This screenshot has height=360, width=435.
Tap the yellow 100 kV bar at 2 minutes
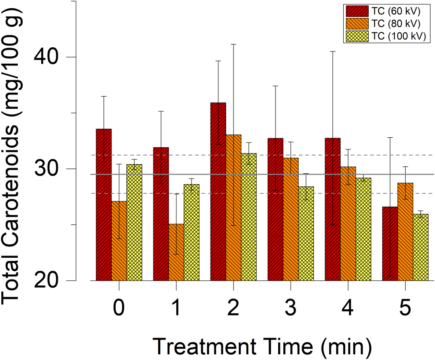(249, 217)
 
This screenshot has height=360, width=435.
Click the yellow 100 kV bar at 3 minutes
(306, 234)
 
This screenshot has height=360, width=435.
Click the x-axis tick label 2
(233, 308)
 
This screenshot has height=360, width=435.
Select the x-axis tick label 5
(405, 308)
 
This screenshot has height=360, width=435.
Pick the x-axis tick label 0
(119, 308)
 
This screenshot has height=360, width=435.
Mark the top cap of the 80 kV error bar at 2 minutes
(233, 44)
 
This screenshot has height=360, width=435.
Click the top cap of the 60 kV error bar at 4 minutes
(333, 52)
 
